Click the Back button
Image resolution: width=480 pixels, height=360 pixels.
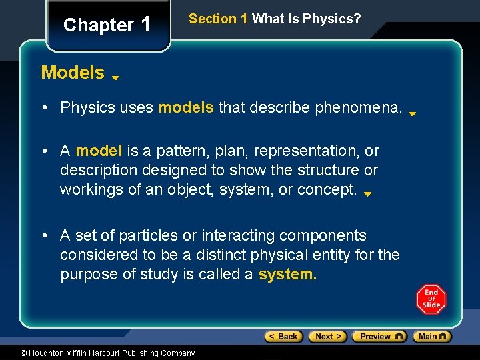coord(283,337)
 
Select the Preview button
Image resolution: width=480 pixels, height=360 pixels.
coord(379,337)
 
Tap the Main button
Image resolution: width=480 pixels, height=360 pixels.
coord(432,337)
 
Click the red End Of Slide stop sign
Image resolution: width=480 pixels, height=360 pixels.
coord(431,299)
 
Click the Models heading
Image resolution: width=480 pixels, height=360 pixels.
coord(73,73)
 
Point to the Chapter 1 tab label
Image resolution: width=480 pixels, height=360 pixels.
coord(107,25)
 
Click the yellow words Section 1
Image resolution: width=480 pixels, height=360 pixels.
coord(218,19)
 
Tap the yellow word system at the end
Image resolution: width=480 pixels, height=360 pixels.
coord(287,274)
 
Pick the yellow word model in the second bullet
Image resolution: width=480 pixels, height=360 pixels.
coord(98,151)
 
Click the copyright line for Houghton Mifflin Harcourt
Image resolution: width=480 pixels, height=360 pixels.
coord(99,353)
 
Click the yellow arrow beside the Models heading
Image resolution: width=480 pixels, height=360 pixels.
coord(115,77)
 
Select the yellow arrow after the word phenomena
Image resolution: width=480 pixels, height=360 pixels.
coord(413,114)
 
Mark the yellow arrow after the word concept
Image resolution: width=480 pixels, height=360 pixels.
coord(367,195)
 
